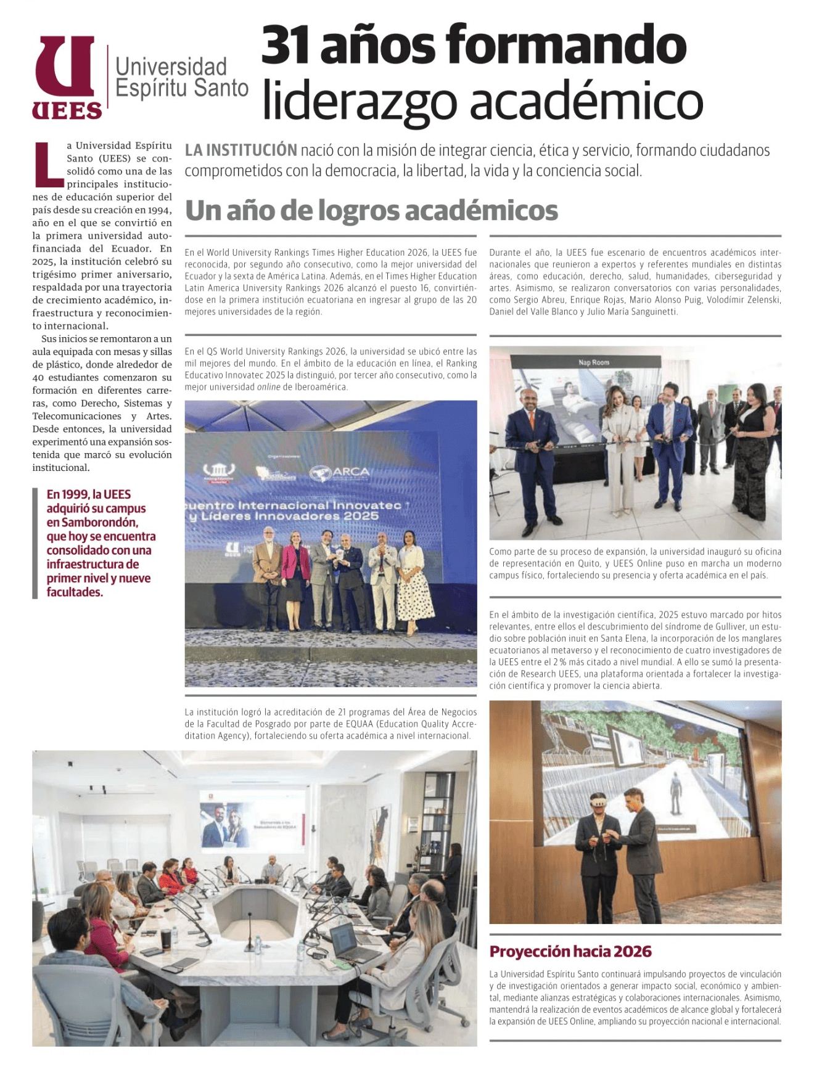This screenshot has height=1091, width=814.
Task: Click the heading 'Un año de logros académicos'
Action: (x=371, y=210)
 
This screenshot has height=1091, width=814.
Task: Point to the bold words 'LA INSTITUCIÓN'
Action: (x=240, y=150)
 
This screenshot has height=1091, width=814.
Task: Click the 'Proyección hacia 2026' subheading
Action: (x=570, y=951)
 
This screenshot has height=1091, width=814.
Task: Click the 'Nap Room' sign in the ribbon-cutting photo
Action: (x=593, y=362)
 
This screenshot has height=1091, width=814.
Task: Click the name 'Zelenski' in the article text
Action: (x=762, y=300)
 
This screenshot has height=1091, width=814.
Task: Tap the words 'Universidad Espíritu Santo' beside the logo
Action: (x=181, y=77)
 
